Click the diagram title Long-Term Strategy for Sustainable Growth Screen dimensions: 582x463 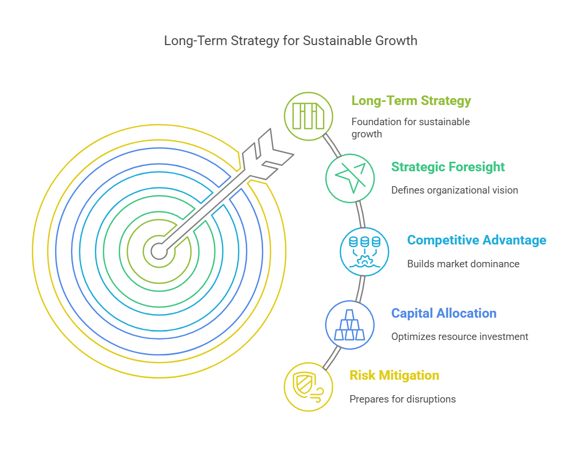(291, 41)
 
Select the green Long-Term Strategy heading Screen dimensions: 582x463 (411, 101)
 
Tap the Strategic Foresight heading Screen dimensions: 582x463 (448, 167)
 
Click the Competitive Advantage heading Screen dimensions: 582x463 (476, 240)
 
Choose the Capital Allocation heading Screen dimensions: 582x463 (444, 313)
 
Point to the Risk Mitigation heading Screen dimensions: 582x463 (394, 375)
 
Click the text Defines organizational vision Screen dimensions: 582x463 (455, 190)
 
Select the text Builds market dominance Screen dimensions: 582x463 (463, 264)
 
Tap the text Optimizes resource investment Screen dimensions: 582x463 (459, 337)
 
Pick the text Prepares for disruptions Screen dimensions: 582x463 (403, 399)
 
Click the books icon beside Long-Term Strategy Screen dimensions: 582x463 (308, 116)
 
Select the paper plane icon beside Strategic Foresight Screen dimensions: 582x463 (350, 178)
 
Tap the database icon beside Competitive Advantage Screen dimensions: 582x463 (364, 252)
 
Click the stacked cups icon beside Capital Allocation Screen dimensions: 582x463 (350, 325)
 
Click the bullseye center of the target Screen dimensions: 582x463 (159, 251)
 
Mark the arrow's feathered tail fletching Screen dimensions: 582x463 (268, 153)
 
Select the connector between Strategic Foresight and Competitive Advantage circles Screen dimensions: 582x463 (360, 214)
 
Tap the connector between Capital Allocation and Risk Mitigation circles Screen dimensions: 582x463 (332, 358)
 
